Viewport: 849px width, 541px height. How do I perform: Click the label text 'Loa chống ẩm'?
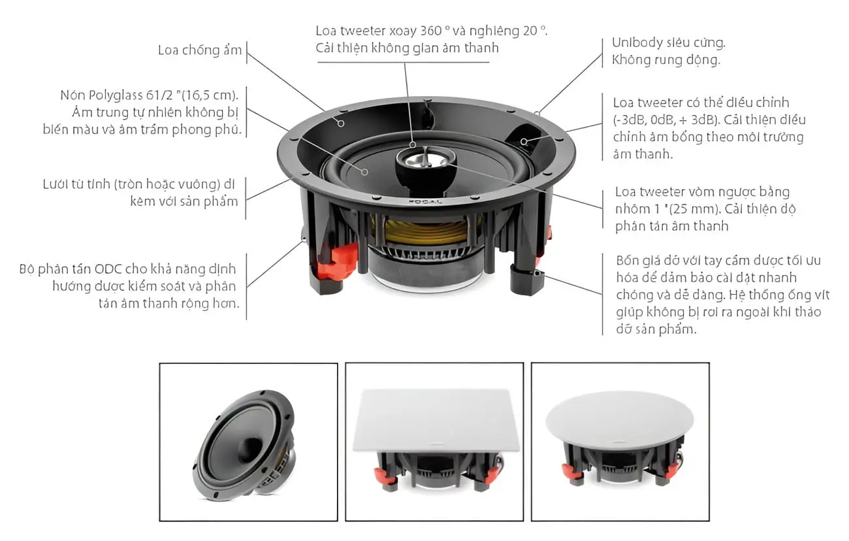[x=200, y=50]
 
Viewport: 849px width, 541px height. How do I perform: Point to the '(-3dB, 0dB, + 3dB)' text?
[x=666, y=120]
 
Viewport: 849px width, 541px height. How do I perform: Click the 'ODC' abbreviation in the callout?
[x=108, y=269]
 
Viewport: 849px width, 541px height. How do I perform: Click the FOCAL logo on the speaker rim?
[x=425, y=202]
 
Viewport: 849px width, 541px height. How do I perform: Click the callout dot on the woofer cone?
[x=364, y=172]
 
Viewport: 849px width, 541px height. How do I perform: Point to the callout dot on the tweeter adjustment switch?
[x=523, y=142]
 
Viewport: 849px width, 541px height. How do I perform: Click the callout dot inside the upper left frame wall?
[x=341, y=123]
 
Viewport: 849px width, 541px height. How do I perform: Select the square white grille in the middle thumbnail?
[x=436, y=419]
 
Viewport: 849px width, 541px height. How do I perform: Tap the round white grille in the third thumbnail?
[x=620, y=419]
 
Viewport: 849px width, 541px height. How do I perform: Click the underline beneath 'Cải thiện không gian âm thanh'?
[x=404, y=62]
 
